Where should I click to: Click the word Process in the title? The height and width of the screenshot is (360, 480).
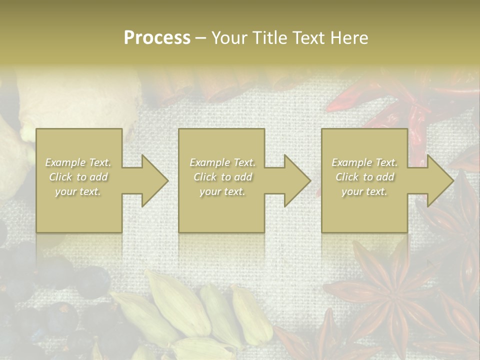pyautogui.click(x=157, y=38)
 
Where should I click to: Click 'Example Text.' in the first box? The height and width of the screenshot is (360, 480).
pyautogui.click(x=78, y=162)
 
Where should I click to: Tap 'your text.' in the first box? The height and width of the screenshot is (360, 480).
pyautogui.click(x=78, y=191)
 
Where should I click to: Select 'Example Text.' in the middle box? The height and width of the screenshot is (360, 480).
pyautogui.click(x=222, y=162)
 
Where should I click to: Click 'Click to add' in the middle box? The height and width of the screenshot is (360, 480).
pyautogui.click(x=222, y=177)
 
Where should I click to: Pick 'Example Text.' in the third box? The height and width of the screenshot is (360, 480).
pyautogui.click(x=364, y=162)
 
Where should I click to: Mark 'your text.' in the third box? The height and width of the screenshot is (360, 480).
pyautogui.click(x=364, y=191)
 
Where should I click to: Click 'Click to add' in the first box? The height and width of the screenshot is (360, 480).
pyautogui.click(x=78, y=177)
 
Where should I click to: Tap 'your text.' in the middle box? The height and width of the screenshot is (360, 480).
pyautogui.click(x=222, y=191)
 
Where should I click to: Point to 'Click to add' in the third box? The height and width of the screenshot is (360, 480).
pyautogui.click(x=364, y=177)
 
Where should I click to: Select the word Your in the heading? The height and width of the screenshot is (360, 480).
pyautogui.click(x=228, y=38)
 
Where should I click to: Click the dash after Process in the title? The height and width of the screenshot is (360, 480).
pyautogui.click(x=201, y=38)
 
